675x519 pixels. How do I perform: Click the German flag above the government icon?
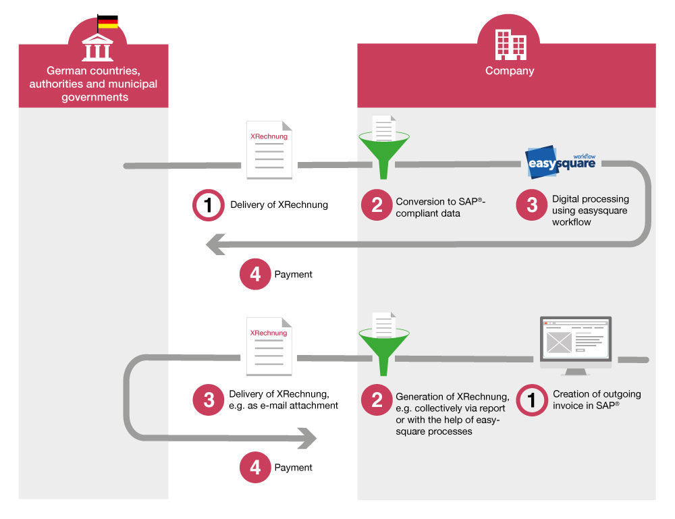click(108, 22)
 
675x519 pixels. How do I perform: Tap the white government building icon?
click(97, 48)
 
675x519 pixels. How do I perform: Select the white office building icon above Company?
click(510, 44)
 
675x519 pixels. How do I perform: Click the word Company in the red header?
click(510, 71)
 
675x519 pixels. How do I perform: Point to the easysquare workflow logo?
click(560, 162)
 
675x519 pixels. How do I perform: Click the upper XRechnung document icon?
click(269, 151)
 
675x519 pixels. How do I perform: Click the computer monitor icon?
click(575, 346)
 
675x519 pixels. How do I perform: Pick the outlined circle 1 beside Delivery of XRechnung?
click(209, 205)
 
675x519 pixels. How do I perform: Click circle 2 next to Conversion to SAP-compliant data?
click(377, 205)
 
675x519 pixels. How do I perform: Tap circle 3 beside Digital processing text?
click(531, 206)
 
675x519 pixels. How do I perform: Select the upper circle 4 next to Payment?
click(254, 275)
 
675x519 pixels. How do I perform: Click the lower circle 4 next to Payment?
click(254, 467)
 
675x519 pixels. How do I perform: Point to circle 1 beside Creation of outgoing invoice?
click(531, 400)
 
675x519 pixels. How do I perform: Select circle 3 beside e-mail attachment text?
click(209, 400)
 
